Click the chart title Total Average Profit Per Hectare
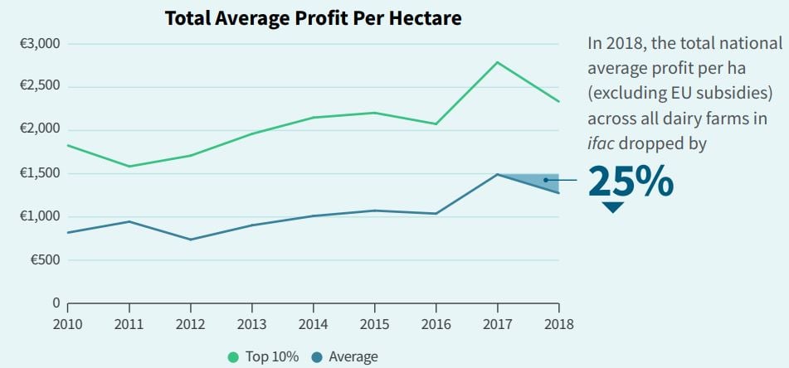pyautogui.click(x=314, y=17)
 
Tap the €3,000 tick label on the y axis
pyautogui.click(x=39, y=43)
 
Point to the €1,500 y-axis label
pyautogui.click(x=39, y=173)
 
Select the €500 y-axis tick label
pyautogui.click(x=43, y=259)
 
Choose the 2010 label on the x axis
pyautogui.click(x=67, y=323)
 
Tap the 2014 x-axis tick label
pyautogui.click(x=313, y=323)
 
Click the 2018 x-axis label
pyautogui.click(x=558, y=323)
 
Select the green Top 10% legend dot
pyautogui.click(x=233, y=357)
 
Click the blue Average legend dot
pyautogui.click(x=316, y=357)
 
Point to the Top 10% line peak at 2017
pyautogui.click(x=497, y=62)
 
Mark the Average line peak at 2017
pyautogui.click(x=497, y=174)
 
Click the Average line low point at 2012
pyautogui.click(x=190, y=240)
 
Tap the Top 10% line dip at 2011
pyautogui.click(x=129, y=167)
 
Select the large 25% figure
pyautogui.click(x=631, y=182)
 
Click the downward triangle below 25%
pyautogui.click(x=613, y=207)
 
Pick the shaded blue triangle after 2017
pyautogui.click(x=539, y=181)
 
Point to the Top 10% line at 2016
pyautogui.click(x=436, y=124)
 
